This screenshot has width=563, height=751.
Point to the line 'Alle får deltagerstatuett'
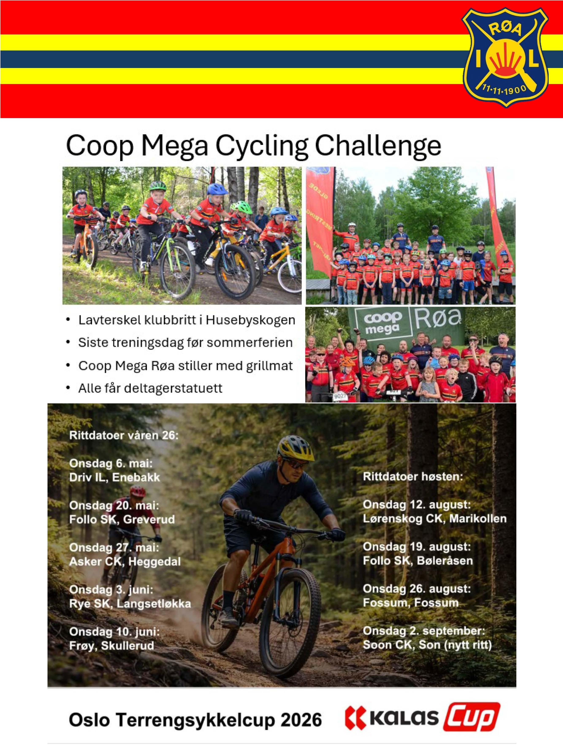(x=150, y=388)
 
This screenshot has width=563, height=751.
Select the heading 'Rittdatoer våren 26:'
(x=123, y=435)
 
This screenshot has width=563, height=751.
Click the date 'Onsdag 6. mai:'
(x=111, y=463)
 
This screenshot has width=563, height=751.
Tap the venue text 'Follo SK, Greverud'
(x=122, y=520)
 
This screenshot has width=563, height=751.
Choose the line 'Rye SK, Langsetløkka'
(x=130, y=604)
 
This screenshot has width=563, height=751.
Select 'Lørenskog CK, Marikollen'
(x=434, y=519)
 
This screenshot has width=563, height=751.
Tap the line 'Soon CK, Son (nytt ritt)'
(x=427, y=645)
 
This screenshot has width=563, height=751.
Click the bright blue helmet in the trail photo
(x=217, y=189)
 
